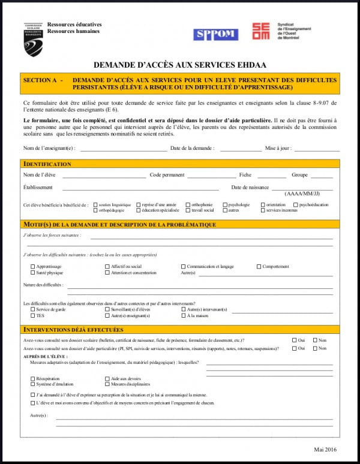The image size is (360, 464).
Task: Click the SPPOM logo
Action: [215, 35]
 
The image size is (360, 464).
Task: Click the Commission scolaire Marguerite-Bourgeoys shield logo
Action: [33, 40]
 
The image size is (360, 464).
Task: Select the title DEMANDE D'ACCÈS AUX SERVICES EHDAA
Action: [180, 65]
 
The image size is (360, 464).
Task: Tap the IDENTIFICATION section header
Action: [47, 164]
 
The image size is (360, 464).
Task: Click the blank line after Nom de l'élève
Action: [104, 177]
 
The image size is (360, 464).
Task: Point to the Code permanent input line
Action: [211, 177]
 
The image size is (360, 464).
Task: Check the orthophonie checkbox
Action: [187, 204]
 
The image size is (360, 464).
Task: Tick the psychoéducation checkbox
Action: [294, 204]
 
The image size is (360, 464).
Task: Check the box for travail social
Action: [187, 210]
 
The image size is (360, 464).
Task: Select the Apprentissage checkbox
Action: [32, 266]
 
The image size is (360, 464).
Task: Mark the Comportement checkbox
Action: [259, 266]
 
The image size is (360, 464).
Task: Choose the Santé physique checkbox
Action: [32, 273]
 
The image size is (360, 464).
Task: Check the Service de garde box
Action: [32, 309]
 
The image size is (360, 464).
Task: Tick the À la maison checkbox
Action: [183, 315]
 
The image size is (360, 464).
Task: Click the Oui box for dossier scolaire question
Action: [294, 340]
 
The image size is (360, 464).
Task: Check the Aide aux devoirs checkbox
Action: [107, 379]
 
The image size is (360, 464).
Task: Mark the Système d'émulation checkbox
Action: [32, 384]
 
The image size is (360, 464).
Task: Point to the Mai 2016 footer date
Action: [326, 449]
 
